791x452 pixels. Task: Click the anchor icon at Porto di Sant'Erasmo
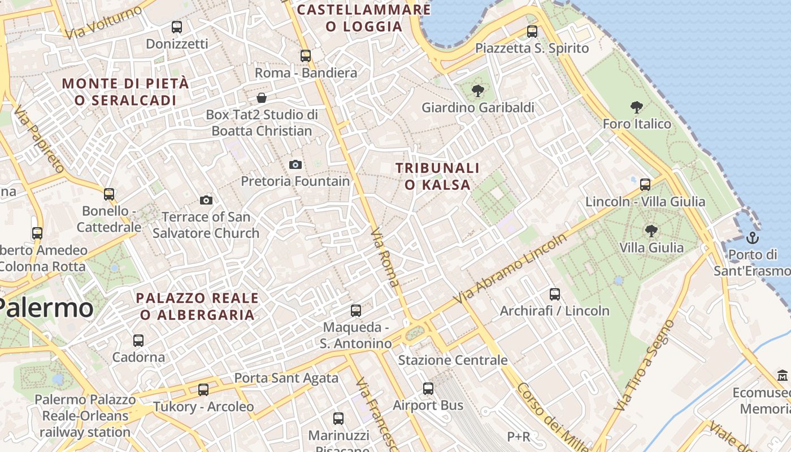point(752,237)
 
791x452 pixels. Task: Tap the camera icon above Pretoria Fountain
point(295,164)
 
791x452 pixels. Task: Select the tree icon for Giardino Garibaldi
point(478,90)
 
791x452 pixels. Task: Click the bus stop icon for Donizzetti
point(177,27)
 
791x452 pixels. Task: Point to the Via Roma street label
point(385,258)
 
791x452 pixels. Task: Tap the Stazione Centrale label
point(453,360)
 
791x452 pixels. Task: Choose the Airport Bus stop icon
point(428,388)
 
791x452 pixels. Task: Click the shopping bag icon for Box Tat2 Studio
point(262,98)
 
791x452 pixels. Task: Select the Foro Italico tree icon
point(637,107)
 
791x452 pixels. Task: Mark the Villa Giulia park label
point(651,247)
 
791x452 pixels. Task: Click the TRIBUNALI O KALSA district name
point(438,176)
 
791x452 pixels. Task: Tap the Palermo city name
point(45,308)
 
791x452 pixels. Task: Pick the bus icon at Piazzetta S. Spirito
point(532,31)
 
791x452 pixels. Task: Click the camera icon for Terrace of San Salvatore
point(206,200)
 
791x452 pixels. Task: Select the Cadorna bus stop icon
point(138,340)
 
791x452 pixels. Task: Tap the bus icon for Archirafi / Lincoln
point(555,294)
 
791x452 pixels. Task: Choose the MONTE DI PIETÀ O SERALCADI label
point(125,92)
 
